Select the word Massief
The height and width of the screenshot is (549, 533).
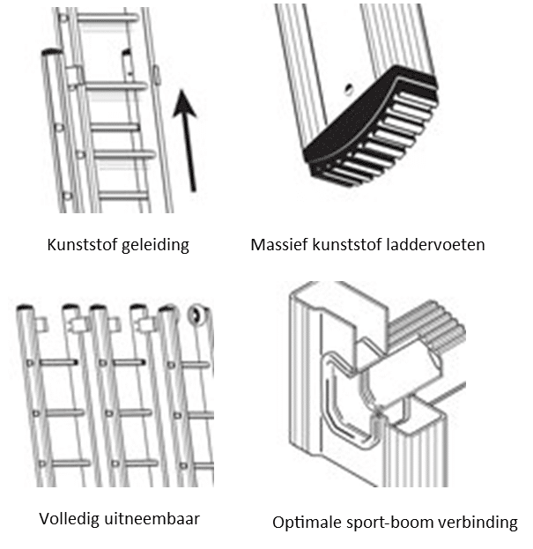[279, 245]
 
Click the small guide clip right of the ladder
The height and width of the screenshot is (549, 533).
[155, 72]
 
